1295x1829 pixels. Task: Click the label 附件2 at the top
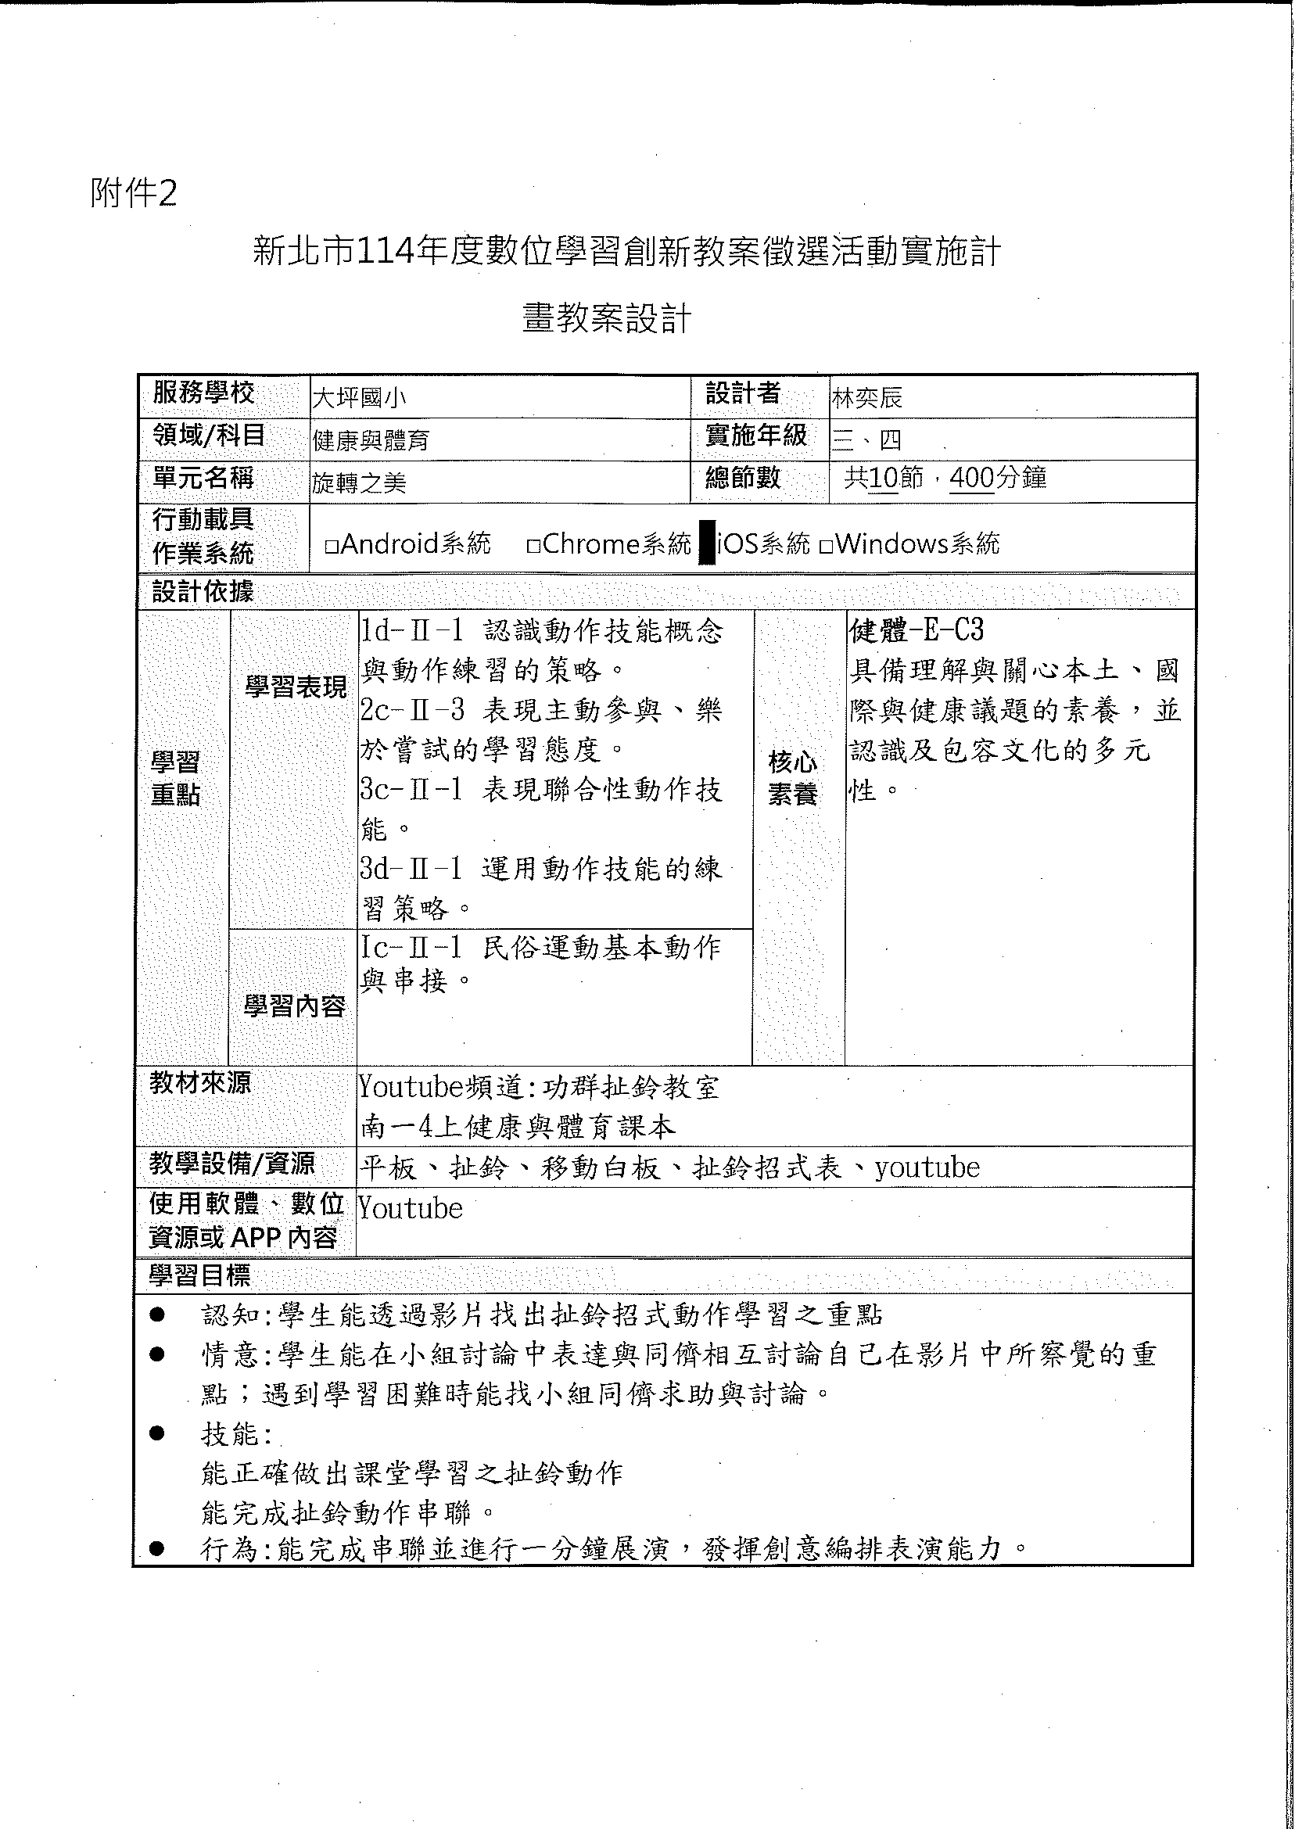tap(133, 194)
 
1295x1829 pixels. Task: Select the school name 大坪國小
tap(359, 398)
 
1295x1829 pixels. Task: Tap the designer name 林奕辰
tap(866, 398)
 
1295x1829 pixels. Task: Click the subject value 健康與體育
tap(371, 440)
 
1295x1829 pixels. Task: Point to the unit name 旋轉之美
tap(359, 482)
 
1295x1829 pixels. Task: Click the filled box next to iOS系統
tap(706, 543)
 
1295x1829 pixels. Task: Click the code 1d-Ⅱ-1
tap(411, 632)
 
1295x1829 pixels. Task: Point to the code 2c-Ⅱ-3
tap(411, 709)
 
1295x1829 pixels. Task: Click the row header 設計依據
tap(203, 592)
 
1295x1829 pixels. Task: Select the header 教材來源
tap(200, 1083)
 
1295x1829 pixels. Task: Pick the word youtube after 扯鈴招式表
tap(927, 1168)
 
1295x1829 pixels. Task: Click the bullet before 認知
tap(157, 1314)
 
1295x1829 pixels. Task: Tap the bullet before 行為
tap(157, 1549)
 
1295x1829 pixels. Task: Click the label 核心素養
tap(793, 778)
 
